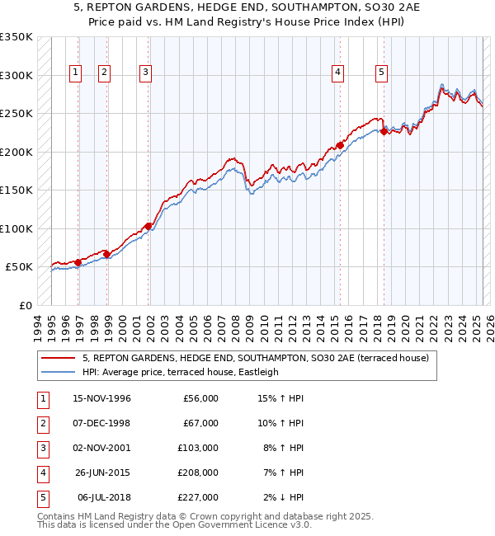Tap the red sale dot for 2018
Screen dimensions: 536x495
(384, 131)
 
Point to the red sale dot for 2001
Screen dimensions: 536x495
(148, 226)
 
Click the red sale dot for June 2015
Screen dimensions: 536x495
(340, 146)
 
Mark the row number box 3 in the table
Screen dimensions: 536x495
(42, 448)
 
